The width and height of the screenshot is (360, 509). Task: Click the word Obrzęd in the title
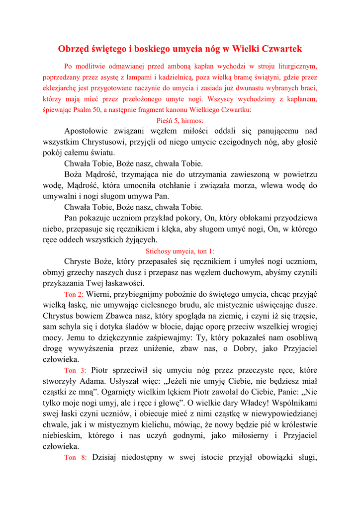(74, 49)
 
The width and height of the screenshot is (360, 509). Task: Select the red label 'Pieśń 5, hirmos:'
(180, 120)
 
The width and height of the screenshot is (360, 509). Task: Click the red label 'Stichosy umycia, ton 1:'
(180, 251)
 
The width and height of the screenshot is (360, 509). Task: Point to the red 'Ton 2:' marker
(74, 294)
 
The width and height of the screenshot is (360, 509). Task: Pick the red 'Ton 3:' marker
(76, 371)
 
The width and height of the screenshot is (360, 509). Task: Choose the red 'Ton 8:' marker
(76, 457)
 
